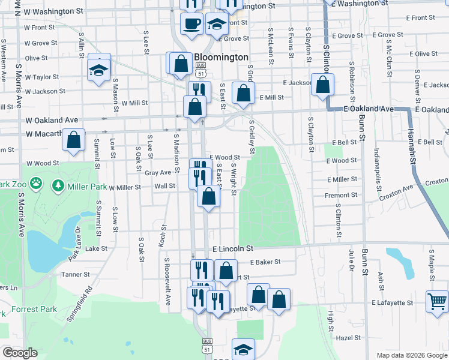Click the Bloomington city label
[221, 57]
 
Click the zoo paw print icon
[37, 182]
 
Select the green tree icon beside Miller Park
[58, 186]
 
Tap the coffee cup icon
[192, 23]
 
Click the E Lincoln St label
[233, 248]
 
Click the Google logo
[20, 353]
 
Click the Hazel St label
[348, 338]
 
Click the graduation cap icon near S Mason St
[98, 71]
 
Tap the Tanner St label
[75, 274]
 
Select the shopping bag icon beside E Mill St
[243, 93]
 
